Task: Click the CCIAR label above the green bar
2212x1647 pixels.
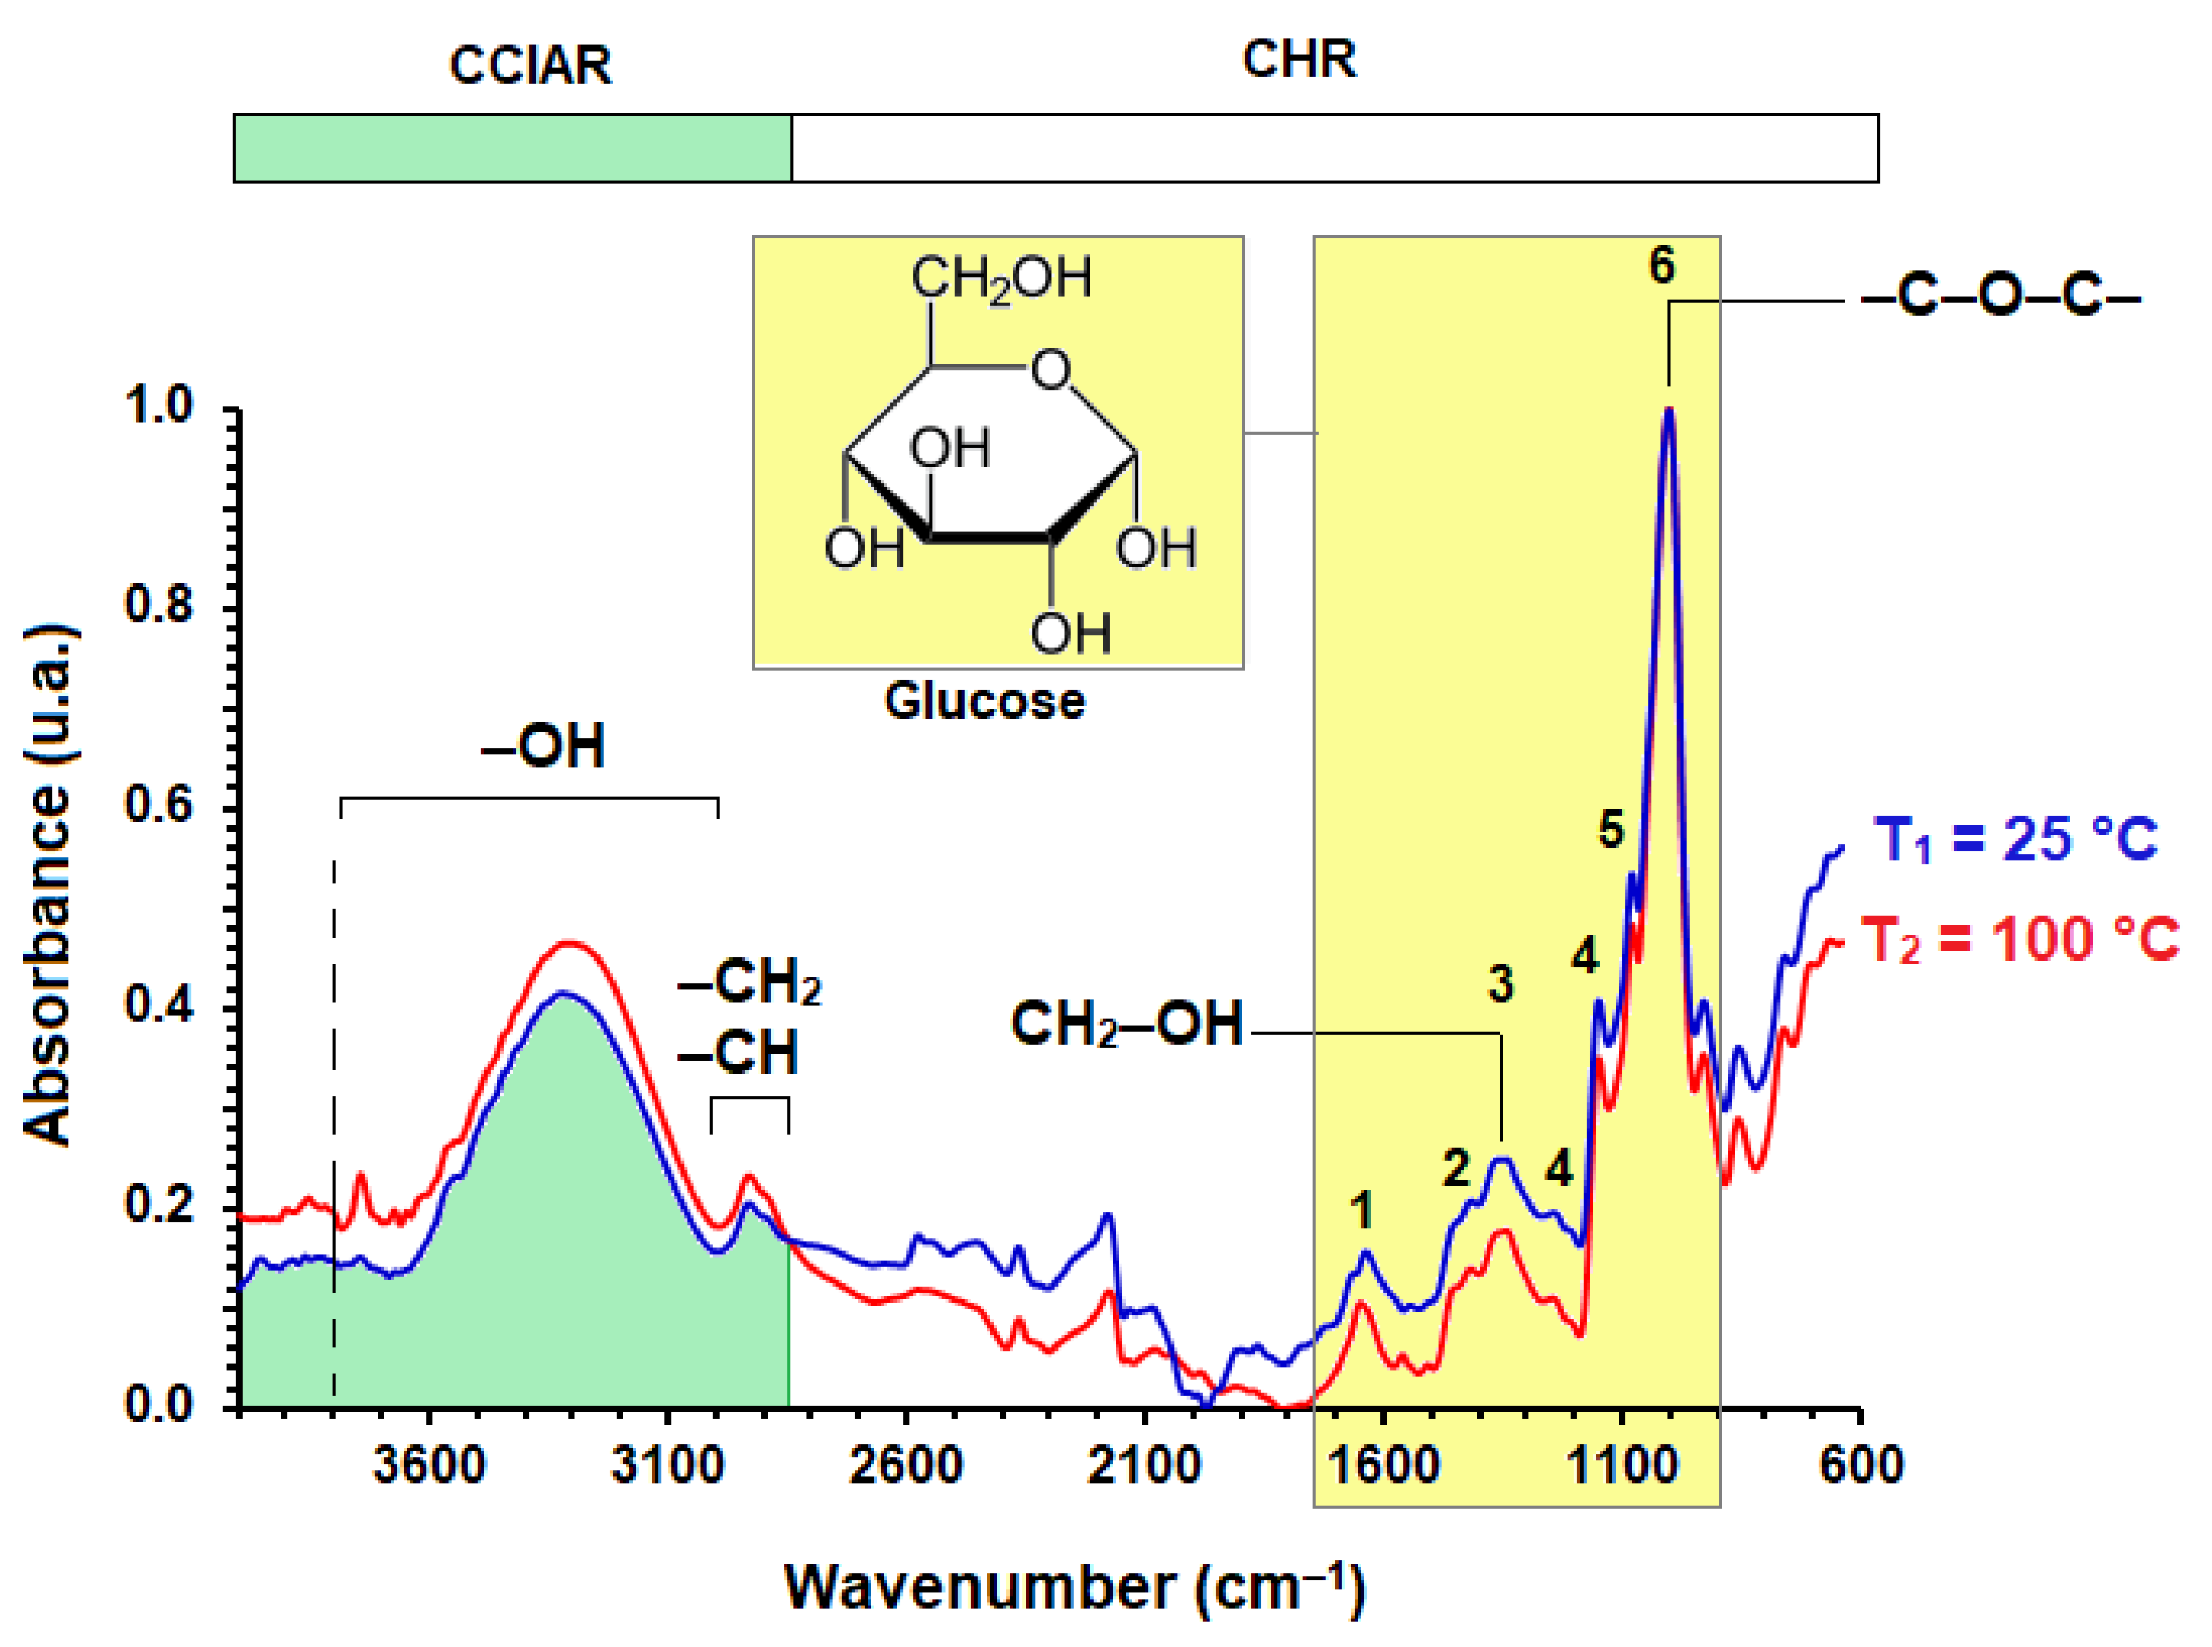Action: click(x=529, y=66)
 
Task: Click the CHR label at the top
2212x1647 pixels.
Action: click(x=1298, y=60)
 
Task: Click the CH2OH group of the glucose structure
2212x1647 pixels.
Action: click(x=1001, y=278)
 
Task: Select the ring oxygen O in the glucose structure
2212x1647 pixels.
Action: click(x=1050, y=369)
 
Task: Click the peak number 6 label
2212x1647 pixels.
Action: click(x=1661, y=265)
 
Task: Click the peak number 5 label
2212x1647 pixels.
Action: click(x=1611, y=828)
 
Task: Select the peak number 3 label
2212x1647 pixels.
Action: click(x=1500, y=983)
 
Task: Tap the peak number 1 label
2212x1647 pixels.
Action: click(x=1362, y=1211)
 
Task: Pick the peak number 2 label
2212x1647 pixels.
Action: click(x=1455, y=1168)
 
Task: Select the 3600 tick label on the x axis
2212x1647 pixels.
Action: click(x=429, y=1464)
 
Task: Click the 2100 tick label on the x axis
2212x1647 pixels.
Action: click(x=1144, y=1464)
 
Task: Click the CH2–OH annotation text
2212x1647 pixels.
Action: click(x=1127, y=1023)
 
